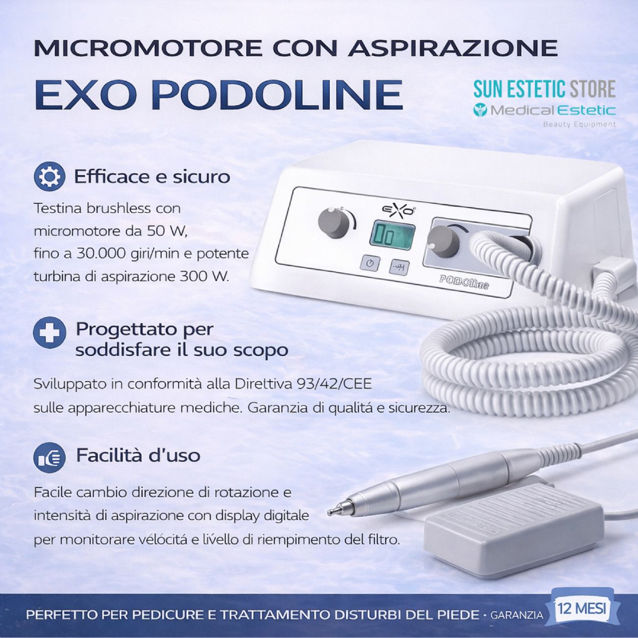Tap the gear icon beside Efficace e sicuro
pos(49,177)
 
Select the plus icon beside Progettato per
pos(49,332)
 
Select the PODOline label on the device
pos(464,285)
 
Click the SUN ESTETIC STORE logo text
pos(544,89)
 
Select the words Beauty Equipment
pos(579,124)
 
